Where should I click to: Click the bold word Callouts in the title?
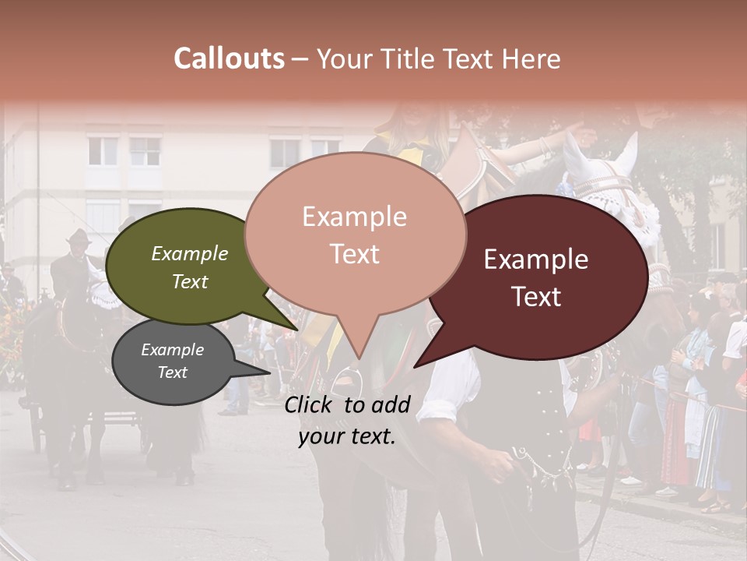(x=229, y=58)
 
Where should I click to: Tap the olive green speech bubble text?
(x=190, y=267)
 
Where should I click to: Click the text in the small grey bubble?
(x=172, y=361)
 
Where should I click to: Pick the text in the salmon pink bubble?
(x=355, y=235)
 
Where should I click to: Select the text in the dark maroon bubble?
(x=536, y=277)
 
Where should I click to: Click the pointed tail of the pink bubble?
(x=358, y=355)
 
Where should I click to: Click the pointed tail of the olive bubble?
(x=296, y=328)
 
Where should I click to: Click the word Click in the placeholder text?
(x=310, y=404)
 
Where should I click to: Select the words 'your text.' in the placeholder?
(x=347, y=437)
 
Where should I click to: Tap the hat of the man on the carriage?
(x=78, y=236)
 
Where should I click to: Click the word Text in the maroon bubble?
(x=536, y=297)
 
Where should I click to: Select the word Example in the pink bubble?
(x=355, y=216)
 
